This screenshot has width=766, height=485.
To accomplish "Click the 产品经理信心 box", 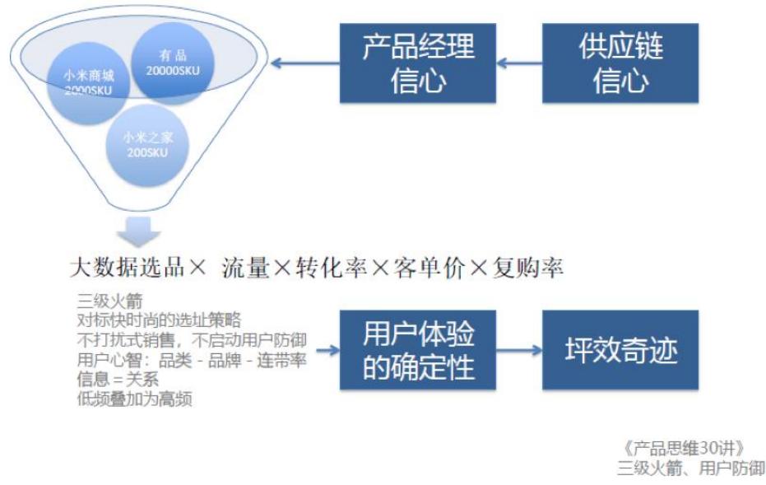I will point(418,63).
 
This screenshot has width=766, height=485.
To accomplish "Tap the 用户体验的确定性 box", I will point(418,350).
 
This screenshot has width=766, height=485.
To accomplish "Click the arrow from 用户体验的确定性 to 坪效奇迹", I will point(519,350).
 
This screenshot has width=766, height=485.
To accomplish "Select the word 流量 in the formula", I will point(246,268).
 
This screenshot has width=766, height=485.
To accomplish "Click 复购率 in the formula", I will point(528,268).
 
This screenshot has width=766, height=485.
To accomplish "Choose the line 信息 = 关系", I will point(116,379).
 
